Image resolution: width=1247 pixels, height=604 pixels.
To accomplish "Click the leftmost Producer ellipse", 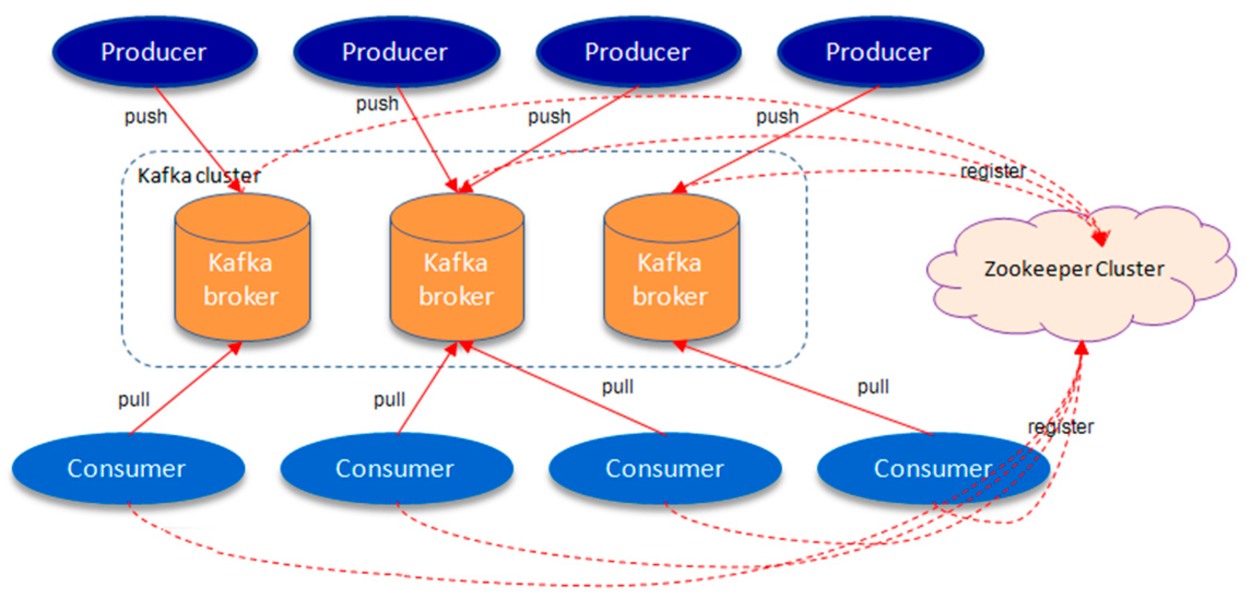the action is click(155, 52).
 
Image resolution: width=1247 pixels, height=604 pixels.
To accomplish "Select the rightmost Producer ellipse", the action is click(880, 52).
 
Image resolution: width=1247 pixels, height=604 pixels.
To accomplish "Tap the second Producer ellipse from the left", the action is click(397, 52).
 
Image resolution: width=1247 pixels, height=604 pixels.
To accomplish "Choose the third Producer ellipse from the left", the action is click(639, 52).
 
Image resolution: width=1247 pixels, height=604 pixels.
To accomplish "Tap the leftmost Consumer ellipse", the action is click(128, 468).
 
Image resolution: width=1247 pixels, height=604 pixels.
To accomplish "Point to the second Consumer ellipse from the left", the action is click(397, 468).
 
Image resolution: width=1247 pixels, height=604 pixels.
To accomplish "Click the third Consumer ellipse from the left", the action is click(665, 468).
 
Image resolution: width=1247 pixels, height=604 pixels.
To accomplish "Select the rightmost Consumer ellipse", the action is click(933, 468).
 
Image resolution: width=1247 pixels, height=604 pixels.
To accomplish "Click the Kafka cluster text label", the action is click(199, 175).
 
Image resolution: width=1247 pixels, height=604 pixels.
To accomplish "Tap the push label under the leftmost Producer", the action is click(146, 117).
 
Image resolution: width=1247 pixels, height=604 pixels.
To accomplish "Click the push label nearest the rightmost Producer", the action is click(777, 117).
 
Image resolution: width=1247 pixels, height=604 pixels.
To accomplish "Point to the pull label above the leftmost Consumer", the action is click(134, 400).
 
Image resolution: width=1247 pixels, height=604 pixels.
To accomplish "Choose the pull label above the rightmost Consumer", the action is click(873, 387).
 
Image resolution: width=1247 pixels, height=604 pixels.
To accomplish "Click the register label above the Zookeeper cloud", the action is click(993, 171).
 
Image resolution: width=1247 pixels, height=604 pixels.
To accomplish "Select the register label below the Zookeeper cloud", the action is click(1061, 426).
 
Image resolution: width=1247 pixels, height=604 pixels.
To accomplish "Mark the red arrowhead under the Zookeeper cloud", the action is click(1082, 348).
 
